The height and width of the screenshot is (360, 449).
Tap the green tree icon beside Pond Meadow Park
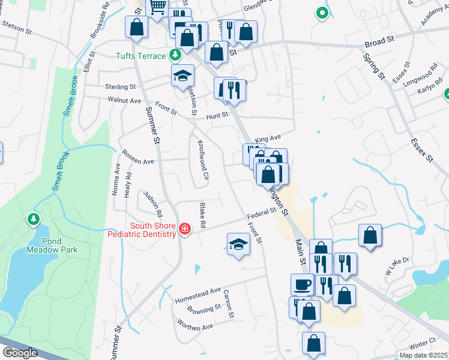click(33, 220)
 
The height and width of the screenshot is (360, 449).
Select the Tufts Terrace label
click(141, 56)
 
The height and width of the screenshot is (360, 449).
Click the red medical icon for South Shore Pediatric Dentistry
click(184, 229)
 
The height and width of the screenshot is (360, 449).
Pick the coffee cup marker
click(302, 284)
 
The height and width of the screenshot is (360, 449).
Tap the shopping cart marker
click(157, 8)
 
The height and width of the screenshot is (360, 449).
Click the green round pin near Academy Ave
click(322, 13)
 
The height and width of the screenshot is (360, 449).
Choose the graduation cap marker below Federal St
click(239, 244)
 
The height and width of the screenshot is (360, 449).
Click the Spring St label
click(374, 67)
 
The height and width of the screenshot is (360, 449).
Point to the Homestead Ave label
click(197, 295)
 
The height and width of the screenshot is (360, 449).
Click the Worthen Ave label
click(195, 325)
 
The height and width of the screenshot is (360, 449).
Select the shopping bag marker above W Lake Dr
click(370, 235)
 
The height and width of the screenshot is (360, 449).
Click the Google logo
click(20, 353)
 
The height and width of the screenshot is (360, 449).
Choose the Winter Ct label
click(424, 343)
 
